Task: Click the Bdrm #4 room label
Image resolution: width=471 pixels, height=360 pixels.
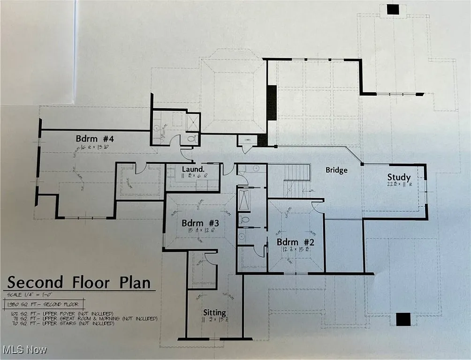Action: tap(95, 139)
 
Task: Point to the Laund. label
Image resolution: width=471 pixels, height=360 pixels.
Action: tap(192, 169)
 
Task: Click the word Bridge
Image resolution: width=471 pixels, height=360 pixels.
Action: tap(336, 170)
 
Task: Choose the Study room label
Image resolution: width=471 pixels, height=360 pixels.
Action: tap(399, 177)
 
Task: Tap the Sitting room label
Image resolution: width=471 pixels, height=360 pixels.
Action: tap(214, 313)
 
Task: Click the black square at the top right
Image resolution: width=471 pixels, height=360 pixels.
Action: tap(392, 9)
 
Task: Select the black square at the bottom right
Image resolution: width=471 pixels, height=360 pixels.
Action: tap(403, 319)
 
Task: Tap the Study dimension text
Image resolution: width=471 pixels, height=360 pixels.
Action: tap(399, 185)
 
